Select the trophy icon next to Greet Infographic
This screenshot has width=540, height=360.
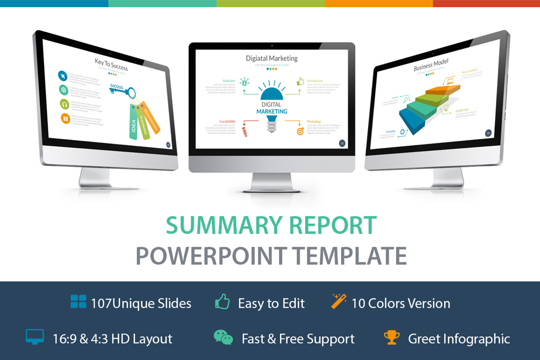pyautogui.click(x=392, y=337)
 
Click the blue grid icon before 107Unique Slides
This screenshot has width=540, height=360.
pyautogui.click(x=78, y=302)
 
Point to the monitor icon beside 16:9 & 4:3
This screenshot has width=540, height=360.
pyautogui.click(x=35, y=337)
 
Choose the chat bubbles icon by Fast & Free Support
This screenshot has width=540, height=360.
pyautogui.click(x=223, y=337)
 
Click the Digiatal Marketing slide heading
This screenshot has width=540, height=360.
pyautogui.click(x=271, y=58)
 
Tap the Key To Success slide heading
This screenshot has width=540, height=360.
pyautogui.click(x=111, y=64)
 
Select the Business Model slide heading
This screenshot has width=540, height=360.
pyautogui.click(x=431, y=65)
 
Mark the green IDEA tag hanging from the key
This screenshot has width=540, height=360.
pyautogui.click(x=133, y=124)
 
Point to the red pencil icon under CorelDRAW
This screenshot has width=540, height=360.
pyautogui.click(x=245, y=132)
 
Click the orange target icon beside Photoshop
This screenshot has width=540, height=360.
pyautogui.click(x=299, y=131)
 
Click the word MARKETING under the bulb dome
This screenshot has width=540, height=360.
pyautogui.click(x=271, y=112)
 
